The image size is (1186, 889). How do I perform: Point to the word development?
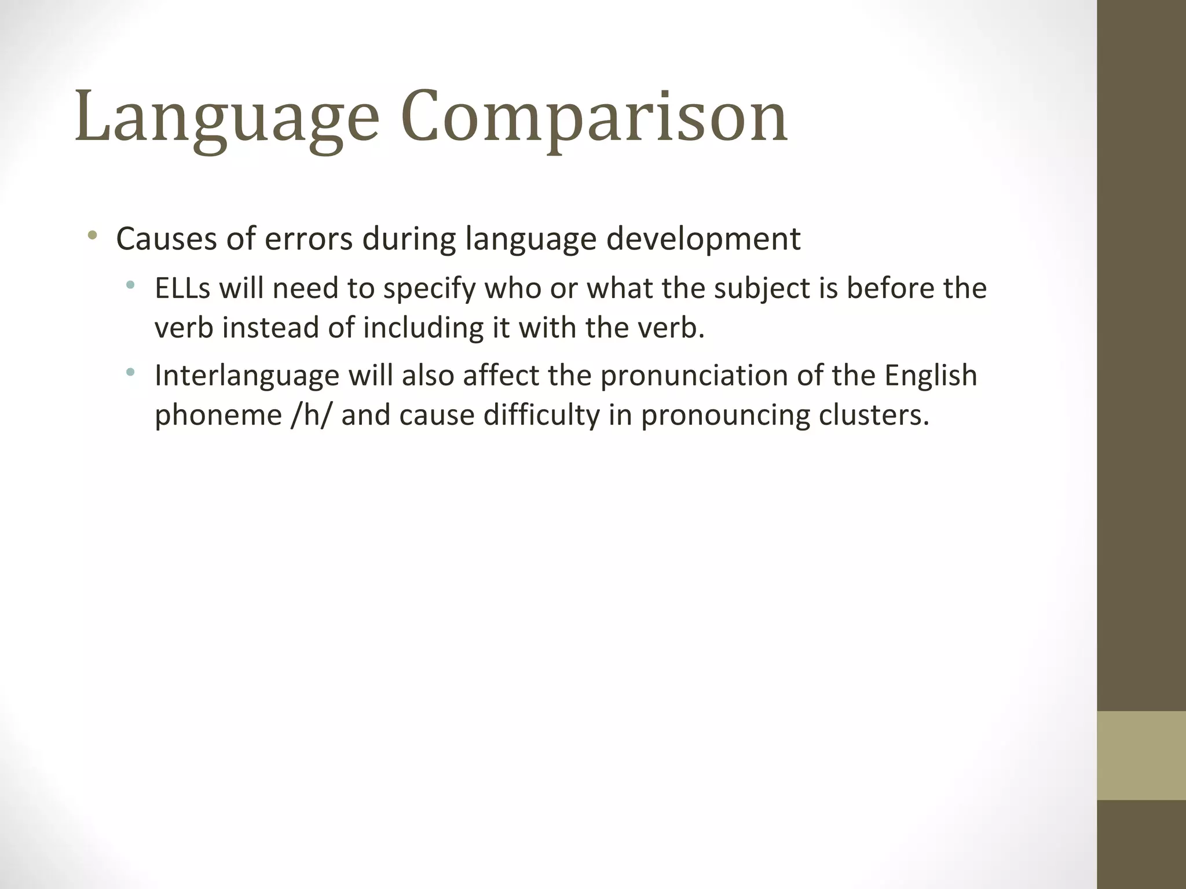(703, 238)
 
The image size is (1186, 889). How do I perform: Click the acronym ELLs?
(182, 288)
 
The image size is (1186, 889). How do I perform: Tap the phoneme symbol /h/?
(311, 415)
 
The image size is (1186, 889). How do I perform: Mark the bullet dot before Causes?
(92, 236)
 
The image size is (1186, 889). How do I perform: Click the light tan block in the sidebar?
(1141, 755)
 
